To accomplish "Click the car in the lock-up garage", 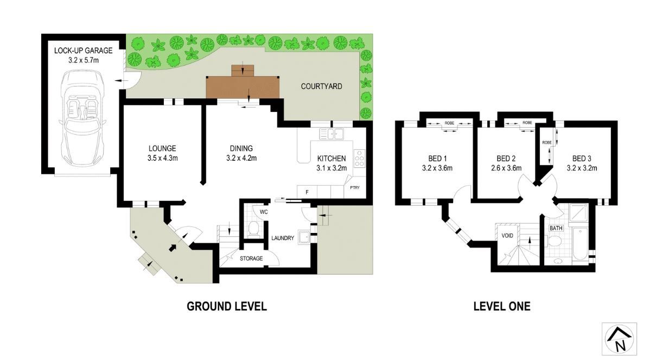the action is coord(83,117).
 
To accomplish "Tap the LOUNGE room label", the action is coord(163,148).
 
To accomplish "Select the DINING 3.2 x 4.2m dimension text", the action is coord(241,158).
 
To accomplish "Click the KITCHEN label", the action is coord(331,159).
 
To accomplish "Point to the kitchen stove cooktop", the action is coord(359,158).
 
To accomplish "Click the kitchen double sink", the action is coord(332,134).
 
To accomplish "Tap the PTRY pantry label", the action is coord(355,187).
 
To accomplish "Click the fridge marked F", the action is coord(307,192).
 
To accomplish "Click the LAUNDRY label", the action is coord(283,238).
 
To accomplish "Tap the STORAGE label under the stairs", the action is coord(251,258).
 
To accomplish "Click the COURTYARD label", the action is coord(322,86).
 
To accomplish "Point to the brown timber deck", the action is coord(243,85).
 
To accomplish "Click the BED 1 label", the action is coord(437,159).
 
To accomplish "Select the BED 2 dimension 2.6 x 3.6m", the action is coord(506,168).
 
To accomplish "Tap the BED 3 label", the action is coord(582,159).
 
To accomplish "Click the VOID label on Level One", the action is coord(507,236).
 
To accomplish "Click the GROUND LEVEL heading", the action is coord(227,306).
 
